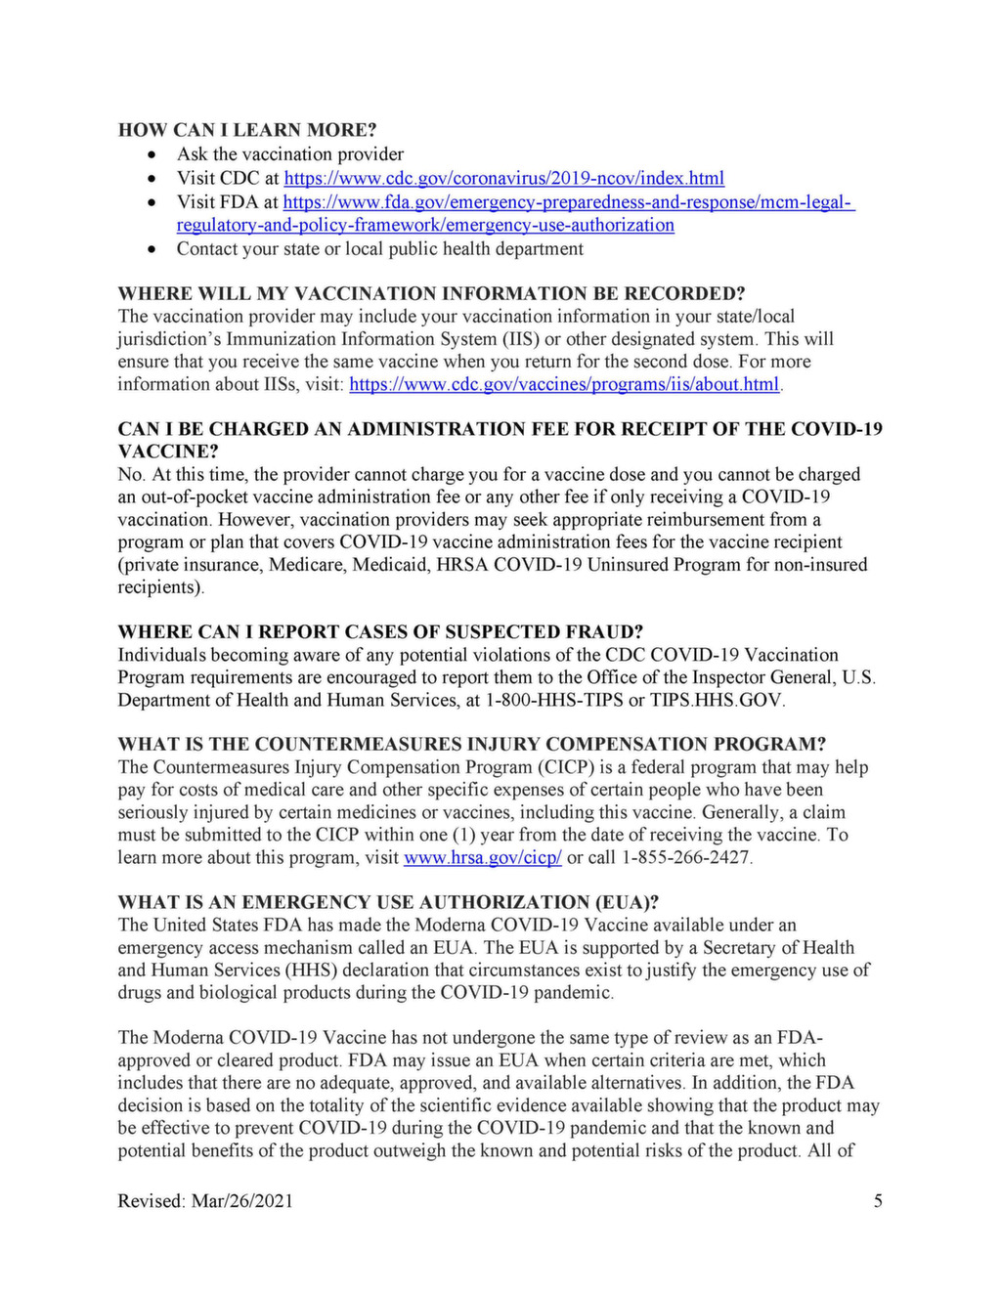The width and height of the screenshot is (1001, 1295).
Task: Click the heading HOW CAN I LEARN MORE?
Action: [x=247, y=130]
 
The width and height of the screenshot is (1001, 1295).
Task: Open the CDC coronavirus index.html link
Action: [x=503, y=178]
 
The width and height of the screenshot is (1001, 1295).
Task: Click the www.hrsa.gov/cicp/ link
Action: [x=482, y=857]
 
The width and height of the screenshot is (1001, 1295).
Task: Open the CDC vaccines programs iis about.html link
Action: [x=564, y=384]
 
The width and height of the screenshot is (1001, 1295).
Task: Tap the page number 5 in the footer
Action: [x=878, y=1201]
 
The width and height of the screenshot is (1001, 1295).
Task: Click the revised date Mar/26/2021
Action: [x=241, y=1201]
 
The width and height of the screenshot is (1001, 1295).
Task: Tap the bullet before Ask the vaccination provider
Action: [x=152, y=154]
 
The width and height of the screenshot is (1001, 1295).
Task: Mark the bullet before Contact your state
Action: [x=152, y=249]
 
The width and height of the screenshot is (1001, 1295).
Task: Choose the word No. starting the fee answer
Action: [x=131, y=475]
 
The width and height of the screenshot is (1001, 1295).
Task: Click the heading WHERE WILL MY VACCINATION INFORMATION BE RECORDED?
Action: [x=431, y=293]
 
